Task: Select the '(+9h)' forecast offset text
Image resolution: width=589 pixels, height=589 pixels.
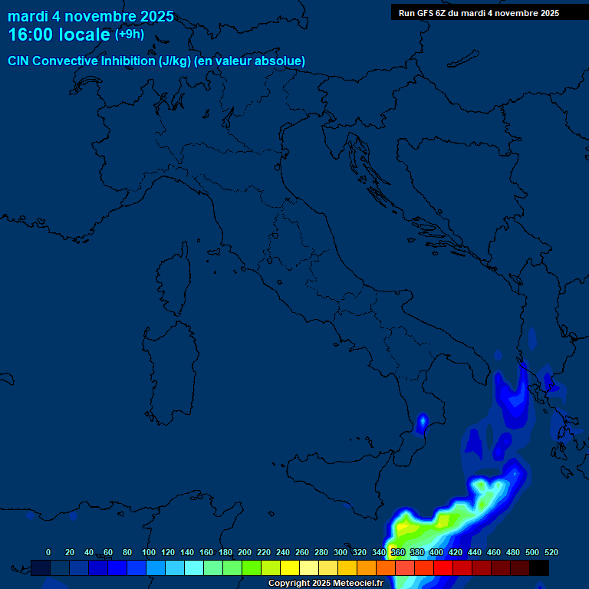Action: pos(130,35)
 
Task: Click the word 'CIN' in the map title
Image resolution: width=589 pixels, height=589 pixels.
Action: pos(18,61)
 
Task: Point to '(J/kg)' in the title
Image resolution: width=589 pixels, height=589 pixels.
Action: pos(176,61)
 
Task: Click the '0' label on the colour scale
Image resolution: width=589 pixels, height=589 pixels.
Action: pos(48,552)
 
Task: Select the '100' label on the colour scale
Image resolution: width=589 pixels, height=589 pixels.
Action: pos(148,552)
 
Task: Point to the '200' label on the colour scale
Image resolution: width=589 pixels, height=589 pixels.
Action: pos(245,552)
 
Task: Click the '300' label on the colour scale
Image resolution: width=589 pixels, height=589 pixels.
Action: pos(341,552)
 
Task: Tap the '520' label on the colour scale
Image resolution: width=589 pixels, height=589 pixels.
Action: pos(551,552)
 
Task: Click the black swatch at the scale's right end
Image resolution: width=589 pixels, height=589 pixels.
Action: pos(539,568)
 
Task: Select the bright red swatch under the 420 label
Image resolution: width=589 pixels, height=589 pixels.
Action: pos(443,568)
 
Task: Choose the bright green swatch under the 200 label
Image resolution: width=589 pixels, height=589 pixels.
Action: pos(252,568)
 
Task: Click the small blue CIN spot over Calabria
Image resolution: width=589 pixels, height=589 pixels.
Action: pos(422,421)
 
